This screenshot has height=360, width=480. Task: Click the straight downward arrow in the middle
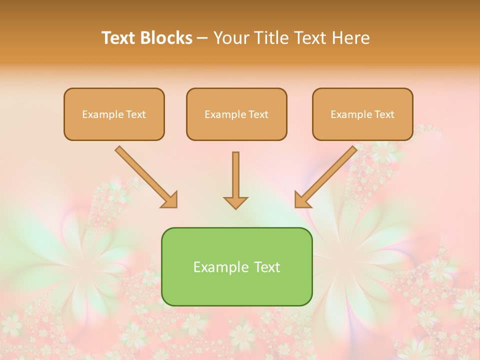tap(235, 175)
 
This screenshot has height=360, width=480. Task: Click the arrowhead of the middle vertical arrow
tap(235, 202)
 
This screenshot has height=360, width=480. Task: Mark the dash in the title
tap(202, 38)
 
